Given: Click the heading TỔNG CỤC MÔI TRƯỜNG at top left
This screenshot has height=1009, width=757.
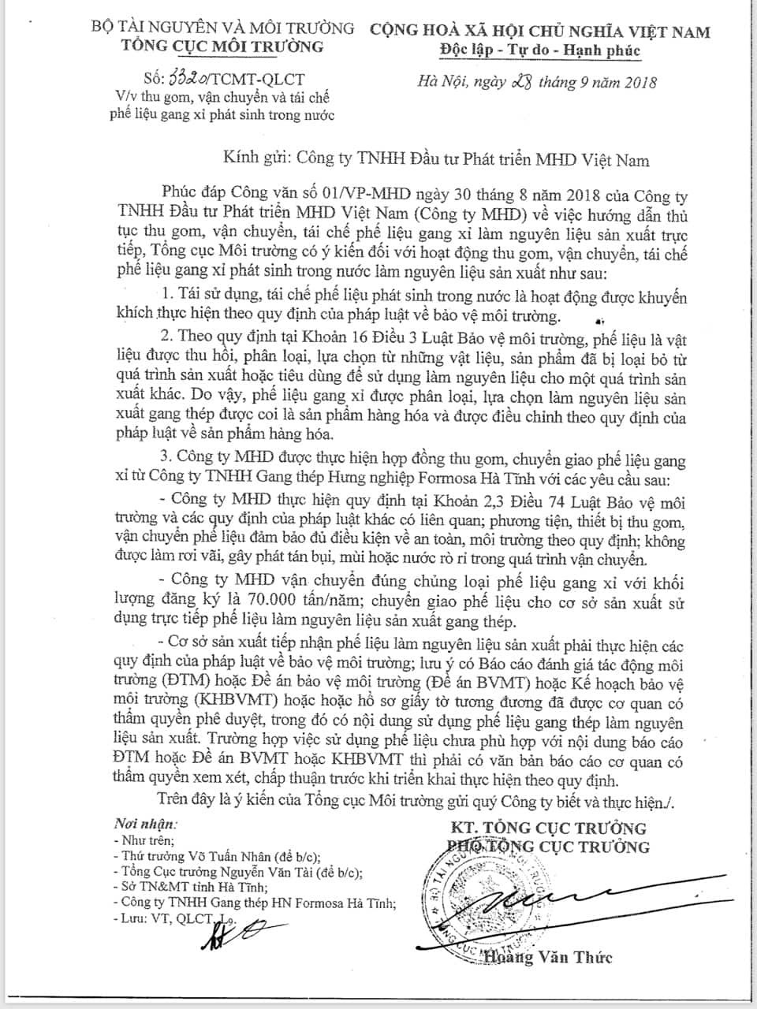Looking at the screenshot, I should tap(222, 47).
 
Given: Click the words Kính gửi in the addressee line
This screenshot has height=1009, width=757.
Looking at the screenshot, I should tap(246, 160).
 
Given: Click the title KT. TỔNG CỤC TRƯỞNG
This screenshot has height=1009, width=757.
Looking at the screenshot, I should tap(548, 828).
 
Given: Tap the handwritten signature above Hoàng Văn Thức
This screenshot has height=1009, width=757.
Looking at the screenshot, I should tap(552, 899).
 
